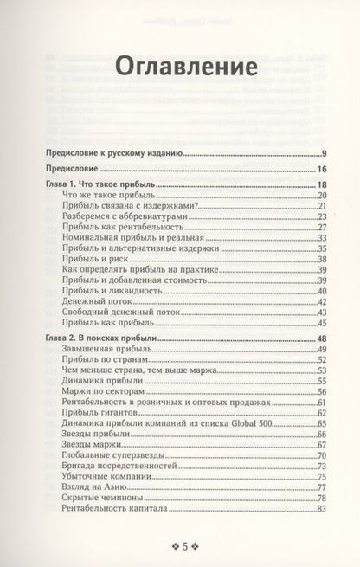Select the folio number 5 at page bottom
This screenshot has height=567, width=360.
point(180,545)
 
